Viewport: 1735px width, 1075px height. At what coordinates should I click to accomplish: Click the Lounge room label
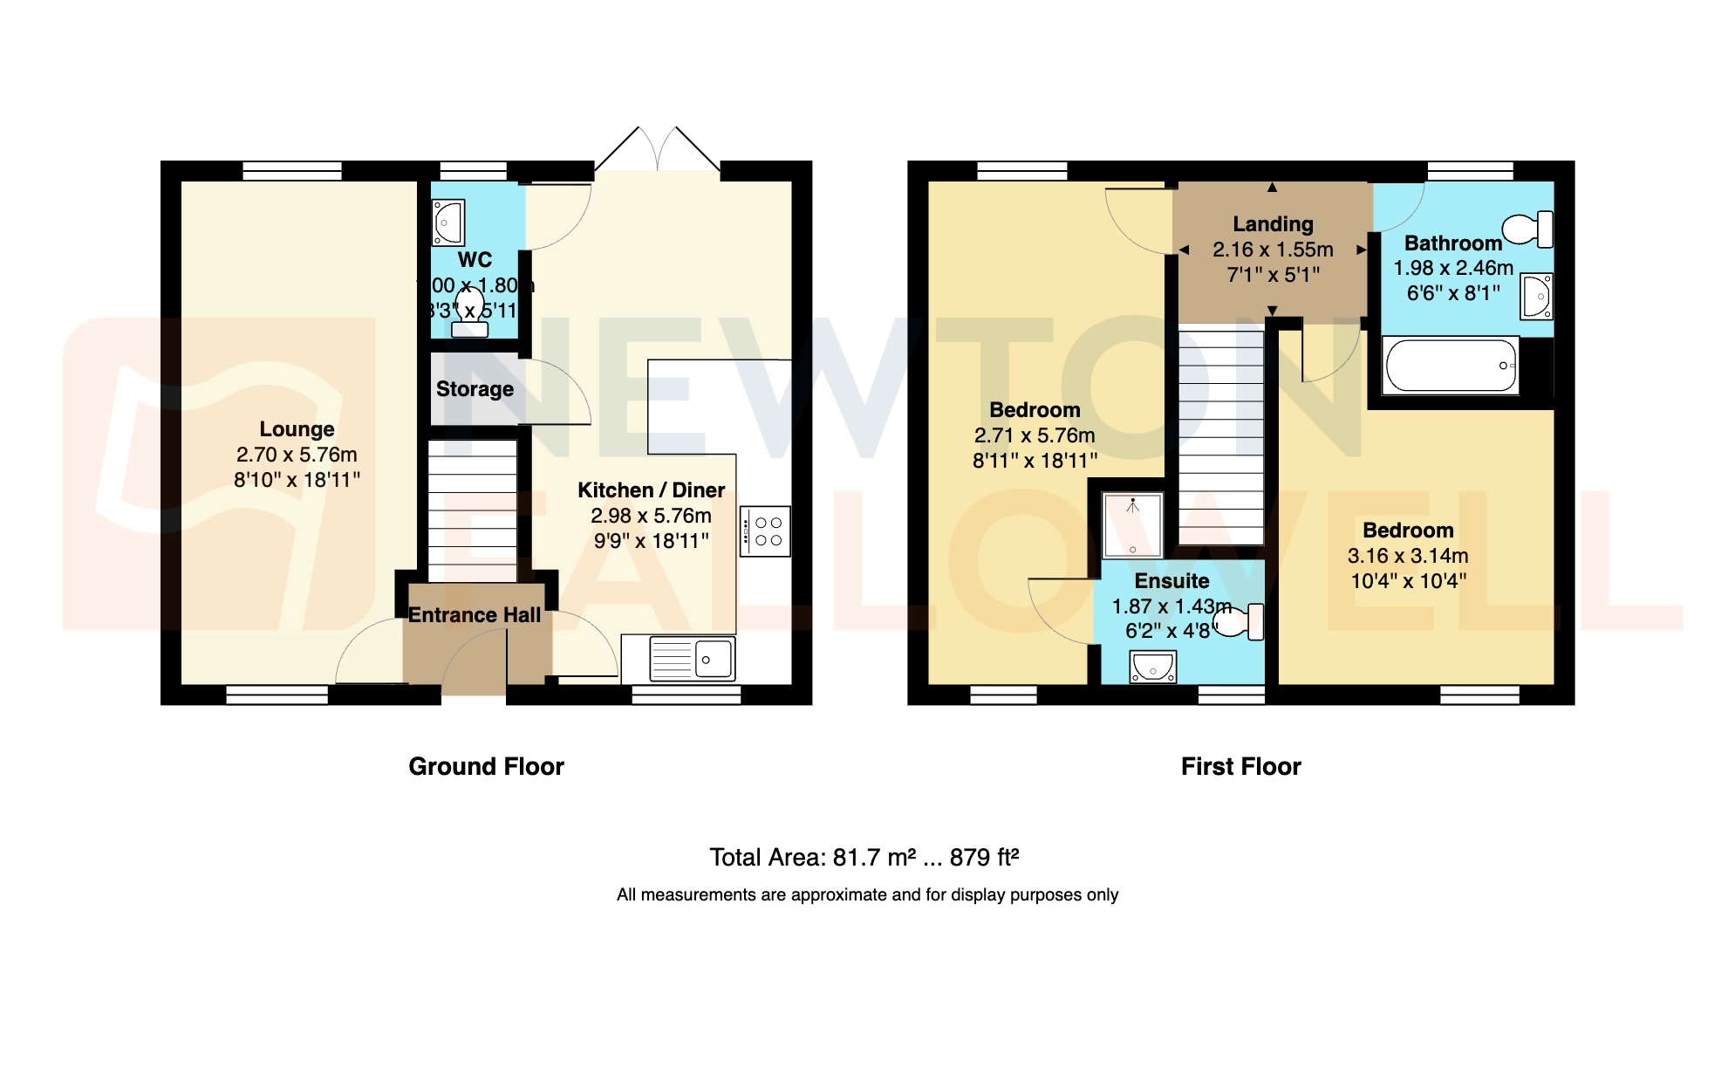pyautogui.click(x=297, y=429)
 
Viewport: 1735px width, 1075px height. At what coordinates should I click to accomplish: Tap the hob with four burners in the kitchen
pyautogui.click(x=767, y=531)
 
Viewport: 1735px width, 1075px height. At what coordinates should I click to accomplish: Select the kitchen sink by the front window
pyautogui.click(x=693, y=658)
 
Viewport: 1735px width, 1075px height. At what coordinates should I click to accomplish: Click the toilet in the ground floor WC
pyautogui.click(x=470, y=314)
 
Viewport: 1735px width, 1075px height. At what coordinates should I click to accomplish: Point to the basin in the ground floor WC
pyautogui.click(x=448, y=222)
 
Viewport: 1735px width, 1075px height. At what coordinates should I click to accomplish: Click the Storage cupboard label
pyautogui.click(x=475, y=389)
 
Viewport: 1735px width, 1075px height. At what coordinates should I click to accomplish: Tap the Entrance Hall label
pyautogui.click(x=475, y=615)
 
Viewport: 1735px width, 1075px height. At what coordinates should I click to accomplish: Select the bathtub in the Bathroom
pyautogui.click(x=1450, y=366)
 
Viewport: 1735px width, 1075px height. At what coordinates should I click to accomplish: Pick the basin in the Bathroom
pyautogui.click(x=1536, y=297)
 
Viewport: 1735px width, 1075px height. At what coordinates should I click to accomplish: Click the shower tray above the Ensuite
pyautogui.click(x=1132, y=525)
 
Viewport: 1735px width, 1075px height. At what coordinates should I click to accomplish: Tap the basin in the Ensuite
pyautogui.click(x=1152, y=668)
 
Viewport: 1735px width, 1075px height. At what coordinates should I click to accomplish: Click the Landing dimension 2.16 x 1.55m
pyautogui.click(x=1273, y=250)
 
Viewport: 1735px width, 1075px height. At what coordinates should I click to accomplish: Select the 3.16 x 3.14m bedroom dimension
pyautogui.click(x=1407, y=556)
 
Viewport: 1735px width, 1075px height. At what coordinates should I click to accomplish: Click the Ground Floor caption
pyautogui.click(x=486, y=766)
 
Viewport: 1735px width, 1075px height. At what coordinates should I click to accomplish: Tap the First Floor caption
pyautogui.click(x=1240, y=766)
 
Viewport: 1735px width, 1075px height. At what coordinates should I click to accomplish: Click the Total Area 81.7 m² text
pyautogui.click(x=864, y=857)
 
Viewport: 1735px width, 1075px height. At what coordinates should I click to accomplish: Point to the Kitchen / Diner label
pyautogui.click(x=651, y=490)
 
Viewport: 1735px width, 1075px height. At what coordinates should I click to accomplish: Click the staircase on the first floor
pyautogui.click(x=1220, y=436)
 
